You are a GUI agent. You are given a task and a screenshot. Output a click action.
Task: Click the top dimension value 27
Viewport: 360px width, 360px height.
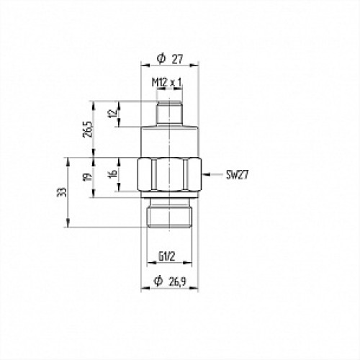(177, 58)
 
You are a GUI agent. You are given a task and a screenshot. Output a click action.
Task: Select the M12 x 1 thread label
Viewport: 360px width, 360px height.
(167, 84)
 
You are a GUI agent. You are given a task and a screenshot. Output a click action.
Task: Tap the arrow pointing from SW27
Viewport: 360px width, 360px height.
(212, 174)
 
